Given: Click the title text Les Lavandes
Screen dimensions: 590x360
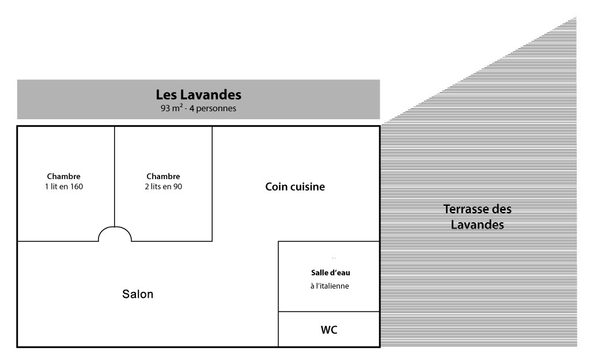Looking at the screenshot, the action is coord(199,94).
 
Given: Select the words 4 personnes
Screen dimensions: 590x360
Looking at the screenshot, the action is coord(213,108).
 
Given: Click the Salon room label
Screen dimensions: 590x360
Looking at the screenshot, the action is coord(138,294).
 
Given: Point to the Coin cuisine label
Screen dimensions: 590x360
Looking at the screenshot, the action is coord(295,187).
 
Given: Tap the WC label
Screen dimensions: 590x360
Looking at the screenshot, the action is coord(329,330).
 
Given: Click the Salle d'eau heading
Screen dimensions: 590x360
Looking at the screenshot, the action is coord(330,272).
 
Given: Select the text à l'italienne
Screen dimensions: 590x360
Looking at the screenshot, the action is coord(330,286).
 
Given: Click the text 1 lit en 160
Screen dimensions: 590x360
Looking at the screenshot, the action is coord(64,187).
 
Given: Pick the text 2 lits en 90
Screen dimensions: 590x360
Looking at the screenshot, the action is coord(163,187).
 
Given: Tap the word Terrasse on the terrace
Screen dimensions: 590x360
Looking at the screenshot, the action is coord(466,209).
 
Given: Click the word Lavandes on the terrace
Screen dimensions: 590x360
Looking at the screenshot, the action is coord(477,225).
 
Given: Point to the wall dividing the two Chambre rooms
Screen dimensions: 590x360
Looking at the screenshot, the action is coord(115,176).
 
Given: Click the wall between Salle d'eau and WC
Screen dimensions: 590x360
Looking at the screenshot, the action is coord(329,312).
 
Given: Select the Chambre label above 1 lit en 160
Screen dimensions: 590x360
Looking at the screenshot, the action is coord(63,176).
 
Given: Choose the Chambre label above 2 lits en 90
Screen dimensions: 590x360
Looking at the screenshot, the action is coord(163,176).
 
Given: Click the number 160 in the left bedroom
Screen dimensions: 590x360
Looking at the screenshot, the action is coord(77,187).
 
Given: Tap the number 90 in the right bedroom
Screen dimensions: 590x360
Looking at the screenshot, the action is coord(177,187).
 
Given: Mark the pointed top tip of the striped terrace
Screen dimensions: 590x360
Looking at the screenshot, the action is coord(576,17).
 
